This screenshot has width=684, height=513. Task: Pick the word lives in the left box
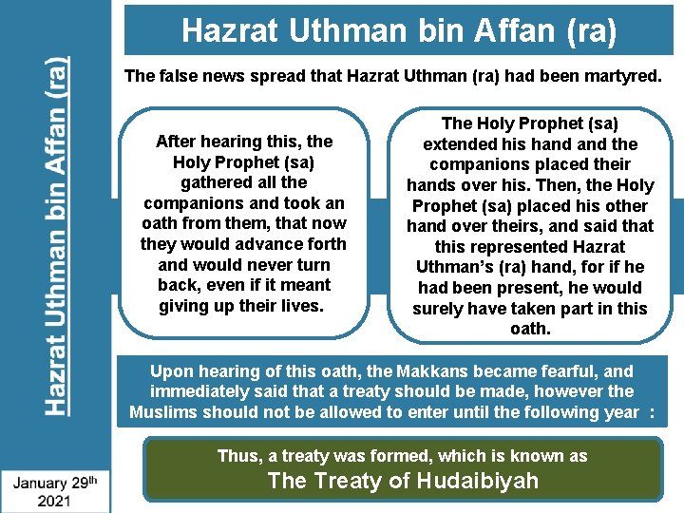tap(299, 306)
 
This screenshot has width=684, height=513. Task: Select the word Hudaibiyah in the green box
tap(473, 481)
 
